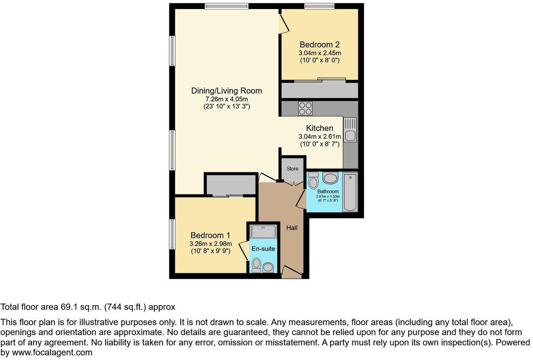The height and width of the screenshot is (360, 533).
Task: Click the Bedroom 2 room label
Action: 320,45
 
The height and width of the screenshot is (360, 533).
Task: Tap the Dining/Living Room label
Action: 226,91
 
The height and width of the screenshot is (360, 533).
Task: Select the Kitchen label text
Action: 320,128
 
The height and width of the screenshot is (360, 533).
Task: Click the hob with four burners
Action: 305,108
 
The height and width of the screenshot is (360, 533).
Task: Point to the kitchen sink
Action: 350,135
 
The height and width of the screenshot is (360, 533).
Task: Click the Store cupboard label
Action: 292,169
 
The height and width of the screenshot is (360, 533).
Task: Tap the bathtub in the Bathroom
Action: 350,191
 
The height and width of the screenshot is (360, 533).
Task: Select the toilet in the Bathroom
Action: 314,180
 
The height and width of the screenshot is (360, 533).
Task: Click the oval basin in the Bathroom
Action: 330,178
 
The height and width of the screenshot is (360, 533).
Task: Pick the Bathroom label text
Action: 328,191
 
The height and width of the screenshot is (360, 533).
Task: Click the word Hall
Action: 292,228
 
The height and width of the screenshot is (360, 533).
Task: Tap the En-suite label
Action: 263,248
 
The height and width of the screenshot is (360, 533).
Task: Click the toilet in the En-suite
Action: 257,265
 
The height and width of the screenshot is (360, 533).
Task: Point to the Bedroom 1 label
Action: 210,235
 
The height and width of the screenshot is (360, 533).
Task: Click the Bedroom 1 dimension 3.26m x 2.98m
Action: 210,244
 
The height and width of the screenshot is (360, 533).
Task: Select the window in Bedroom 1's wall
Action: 172,234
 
